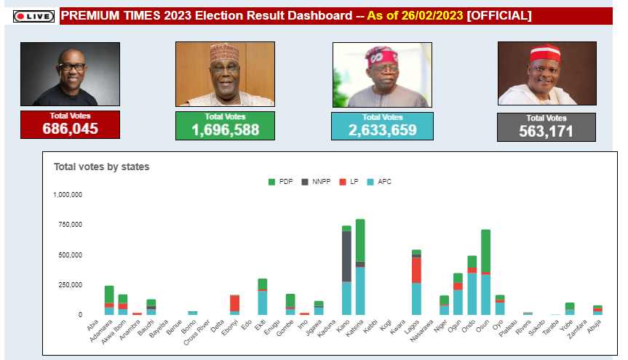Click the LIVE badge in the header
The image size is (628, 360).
(x=33, y=16)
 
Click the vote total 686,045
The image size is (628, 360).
(x=70, y=129)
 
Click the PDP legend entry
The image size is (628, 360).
(x=280, y=181)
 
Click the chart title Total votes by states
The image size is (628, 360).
(x=101, y=167)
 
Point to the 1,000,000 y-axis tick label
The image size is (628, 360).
(x=68, y=195)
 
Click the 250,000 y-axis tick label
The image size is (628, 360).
(x=71, y=284)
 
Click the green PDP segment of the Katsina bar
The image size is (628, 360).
(x=360, y=240)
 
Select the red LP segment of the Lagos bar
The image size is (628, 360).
(x=417, y=270)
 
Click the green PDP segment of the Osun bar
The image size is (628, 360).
(x=485, y=251)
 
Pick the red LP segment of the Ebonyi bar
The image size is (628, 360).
(x=234, y=303)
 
